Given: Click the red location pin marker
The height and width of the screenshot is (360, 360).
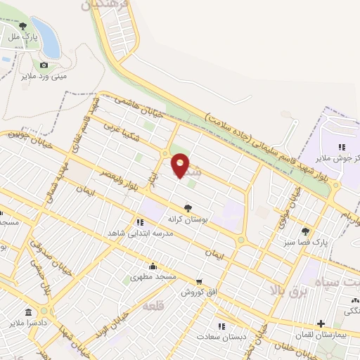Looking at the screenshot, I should pos(181,165).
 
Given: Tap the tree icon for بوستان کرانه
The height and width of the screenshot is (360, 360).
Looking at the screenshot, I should pos(188,207).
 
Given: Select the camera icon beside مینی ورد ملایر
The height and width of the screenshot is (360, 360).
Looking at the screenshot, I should pos(44,65).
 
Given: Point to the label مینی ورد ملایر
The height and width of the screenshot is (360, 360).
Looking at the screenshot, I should pos(44,75).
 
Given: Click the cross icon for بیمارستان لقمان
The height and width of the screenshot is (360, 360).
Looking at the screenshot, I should pos(321,325).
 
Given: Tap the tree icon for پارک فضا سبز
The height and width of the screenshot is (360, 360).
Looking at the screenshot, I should pos(305,231).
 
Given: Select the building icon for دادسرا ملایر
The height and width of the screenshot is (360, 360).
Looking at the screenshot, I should pos(28,311).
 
